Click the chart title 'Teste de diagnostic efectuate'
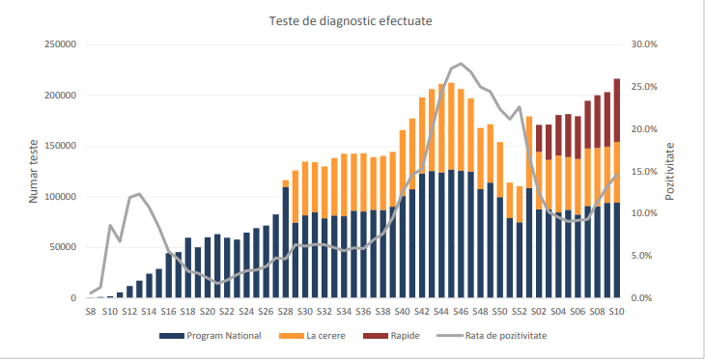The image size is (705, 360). pos(351,21)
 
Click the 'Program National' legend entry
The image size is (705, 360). pos(210,336)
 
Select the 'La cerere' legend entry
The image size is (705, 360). pos(312,336)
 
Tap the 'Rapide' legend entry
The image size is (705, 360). pos(391,336)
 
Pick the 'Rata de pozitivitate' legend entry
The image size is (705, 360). pos(492,336)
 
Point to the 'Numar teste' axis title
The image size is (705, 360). pos(33,171)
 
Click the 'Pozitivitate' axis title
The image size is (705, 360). pos(670,171)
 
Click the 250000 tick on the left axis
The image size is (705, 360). pos(60,44)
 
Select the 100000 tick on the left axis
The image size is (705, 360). pos(60,196)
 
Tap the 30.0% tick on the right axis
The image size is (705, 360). pos(644,44)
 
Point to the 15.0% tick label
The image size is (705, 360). pos(644,171)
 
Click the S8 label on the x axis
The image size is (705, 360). pos(91,312)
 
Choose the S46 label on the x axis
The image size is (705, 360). pos(461,312)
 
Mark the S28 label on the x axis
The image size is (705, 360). pos(286,312)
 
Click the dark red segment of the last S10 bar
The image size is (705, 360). pos(617,110)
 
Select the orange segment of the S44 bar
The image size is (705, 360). pos(441,128)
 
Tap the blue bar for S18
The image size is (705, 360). pos(188,267)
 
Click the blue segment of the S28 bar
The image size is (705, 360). pos(286,242)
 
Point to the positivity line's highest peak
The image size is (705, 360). pos(461,64)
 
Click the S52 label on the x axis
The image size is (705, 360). pos(520,312)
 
